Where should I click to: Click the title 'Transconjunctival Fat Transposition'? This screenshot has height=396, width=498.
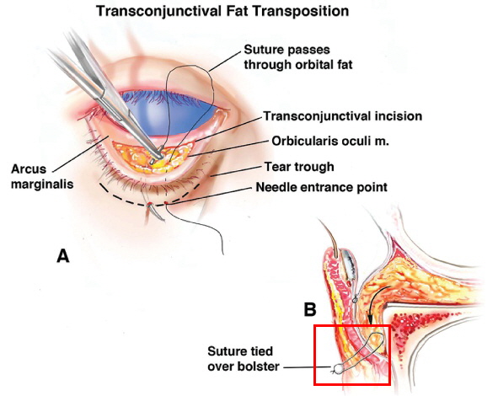point(222,12)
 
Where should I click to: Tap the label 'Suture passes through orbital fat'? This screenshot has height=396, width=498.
point(298,57)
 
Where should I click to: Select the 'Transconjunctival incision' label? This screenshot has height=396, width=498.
point(343,116)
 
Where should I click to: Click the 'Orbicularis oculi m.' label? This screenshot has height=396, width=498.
point(330,141)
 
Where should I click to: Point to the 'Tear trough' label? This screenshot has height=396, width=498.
point(299,167)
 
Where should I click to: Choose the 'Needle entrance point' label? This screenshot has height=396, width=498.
point(321,187)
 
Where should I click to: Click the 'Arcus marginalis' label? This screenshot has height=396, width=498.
point(42,177)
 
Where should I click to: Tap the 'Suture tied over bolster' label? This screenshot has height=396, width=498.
point(244,359)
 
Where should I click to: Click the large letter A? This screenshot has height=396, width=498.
point(63,256)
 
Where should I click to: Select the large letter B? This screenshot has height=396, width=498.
point(310,309)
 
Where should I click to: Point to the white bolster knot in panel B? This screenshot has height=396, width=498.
point(338,369)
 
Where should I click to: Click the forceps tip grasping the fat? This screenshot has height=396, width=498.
point(158,156)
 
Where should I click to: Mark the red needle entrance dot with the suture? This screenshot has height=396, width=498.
point(166,202)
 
